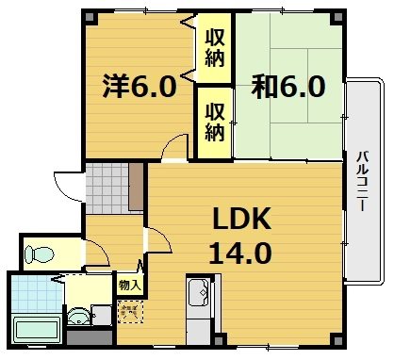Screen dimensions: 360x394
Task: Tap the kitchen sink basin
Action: pyautogui.click(x=199, y=294)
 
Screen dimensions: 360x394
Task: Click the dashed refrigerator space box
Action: pyautogui.click(x=129, y=310)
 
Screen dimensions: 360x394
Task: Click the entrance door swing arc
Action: pyautogui.click(x=66, y=181)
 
